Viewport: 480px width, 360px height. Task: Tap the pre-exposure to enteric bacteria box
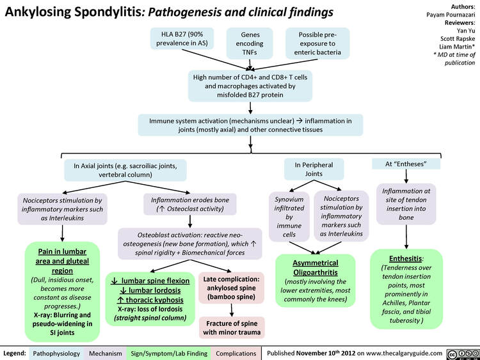317,42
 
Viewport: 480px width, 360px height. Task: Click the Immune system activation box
250,125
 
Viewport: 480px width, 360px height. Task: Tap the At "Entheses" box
405,164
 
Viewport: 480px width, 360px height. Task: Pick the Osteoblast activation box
191,244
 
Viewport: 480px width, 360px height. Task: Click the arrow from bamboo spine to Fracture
231,309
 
